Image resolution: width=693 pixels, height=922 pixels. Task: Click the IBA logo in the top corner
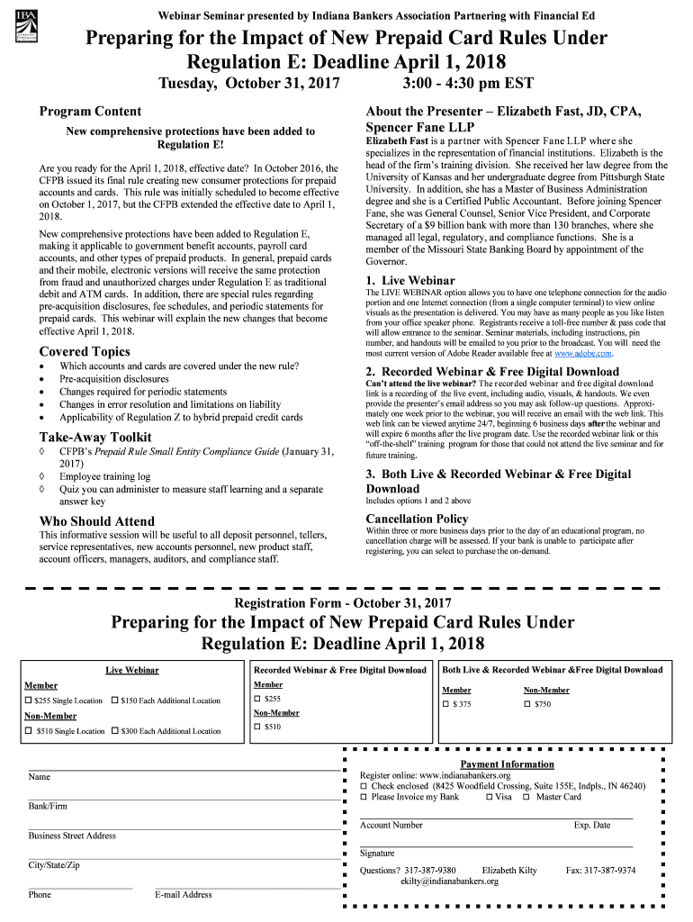click(x=28, y=27)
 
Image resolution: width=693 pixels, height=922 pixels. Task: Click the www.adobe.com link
click(x=583, y=353)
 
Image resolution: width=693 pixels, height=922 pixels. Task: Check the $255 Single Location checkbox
click(x=28, y=701)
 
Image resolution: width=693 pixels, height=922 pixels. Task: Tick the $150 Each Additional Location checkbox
click(x=114, y=701)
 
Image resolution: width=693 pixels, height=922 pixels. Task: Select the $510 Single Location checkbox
click(x=28, y=731)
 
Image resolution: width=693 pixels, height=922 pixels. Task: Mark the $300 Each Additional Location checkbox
click(x=114, y=731)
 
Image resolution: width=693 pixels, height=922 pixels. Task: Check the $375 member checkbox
click(x=445, y=704)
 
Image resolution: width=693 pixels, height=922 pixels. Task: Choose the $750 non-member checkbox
click(x=527, y=704)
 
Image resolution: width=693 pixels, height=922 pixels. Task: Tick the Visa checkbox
click(x=489, y=797)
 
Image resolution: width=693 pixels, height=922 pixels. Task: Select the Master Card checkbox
click(x=530, y=797)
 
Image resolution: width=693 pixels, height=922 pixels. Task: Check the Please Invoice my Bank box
click(x=364, y=797)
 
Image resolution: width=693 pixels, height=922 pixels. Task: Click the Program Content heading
click(x=90, y=112)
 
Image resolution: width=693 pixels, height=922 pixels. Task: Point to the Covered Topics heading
click(x=85, y=351)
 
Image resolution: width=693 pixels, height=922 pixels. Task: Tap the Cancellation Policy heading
click(x=417, y=519)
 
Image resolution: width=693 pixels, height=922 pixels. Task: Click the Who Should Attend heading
click(x=97, y=521)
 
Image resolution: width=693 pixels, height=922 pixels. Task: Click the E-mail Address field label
click(x=184, y=895)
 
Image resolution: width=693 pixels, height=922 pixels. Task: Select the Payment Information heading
click(x=507, y=764)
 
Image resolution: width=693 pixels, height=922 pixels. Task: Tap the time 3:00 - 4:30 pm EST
click(x=469, y=84)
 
